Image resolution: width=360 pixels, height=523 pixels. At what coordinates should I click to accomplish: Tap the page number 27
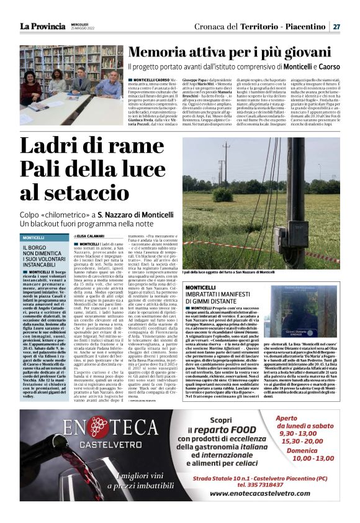click(336, 27)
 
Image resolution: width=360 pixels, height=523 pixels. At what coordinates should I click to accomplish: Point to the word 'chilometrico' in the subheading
click(66, 214)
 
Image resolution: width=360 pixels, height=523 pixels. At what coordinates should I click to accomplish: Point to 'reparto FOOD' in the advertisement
click(218, 432)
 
